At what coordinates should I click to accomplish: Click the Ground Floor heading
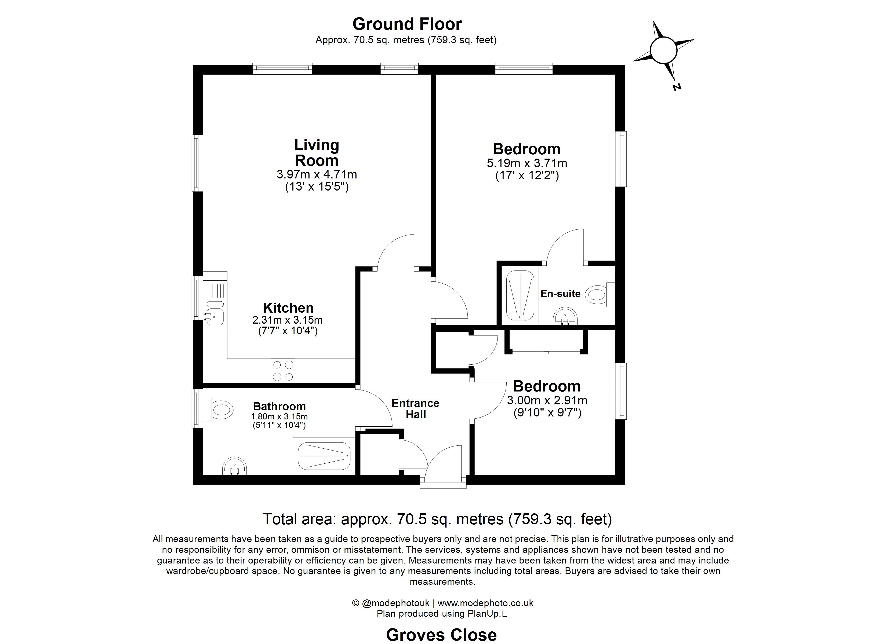point(407,24)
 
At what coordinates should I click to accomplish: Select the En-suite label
point(560,294)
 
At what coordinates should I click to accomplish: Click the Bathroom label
point(279,407)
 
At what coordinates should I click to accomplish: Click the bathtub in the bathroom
point(324,456)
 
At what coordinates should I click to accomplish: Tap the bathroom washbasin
point(234,466)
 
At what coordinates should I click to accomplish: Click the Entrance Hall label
point(415,408)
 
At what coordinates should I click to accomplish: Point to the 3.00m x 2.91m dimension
point(547,400)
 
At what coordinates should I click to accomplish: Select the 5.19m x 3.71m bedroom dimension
point(526,163)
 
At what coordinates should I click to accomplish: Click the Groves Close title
point(441,635)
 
